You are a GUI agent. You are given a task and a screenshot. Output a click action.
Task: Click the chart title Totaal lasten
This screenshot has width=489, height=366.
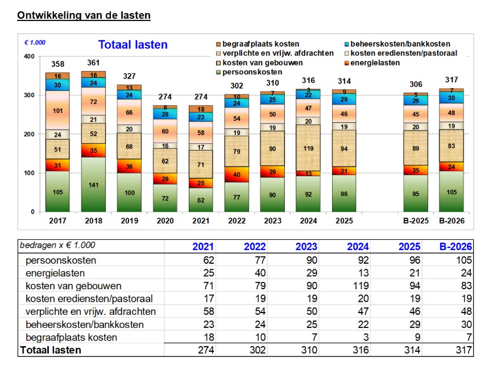(x=132, y=45)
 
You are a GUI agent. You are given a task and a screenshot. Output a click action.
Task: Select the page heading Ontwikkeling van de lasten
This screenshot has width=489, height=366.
(x=84, y=15)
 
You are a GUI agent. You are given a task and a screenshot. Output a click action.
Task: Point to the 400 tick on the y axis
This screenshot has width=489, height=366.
(x=29, y=56)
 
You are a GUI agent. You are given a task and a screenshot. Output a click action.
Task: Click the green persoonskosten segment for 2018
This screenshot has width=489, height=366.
(x=93, y=184)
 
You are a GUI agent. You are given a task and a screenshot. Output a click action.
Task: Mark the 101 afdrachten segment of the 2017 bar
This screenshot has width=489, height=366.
(x=58, y=110)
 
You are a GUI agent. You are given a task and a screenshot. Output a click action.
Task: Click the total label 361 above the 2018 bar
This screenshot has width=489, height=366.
(x=93, y=63)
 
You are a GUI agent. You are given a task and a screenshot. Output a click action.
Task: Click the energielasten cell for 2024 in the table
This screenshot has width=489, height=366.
(x=362, y=273)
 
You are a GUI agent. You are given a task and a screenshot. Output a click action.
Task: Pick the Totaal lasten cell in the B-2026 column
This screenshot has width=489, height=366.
(x=461, y=350)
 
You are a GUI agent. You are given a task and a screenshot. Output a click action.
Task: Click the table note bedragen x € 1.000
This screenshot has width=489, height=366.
(x=57, y=246)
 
